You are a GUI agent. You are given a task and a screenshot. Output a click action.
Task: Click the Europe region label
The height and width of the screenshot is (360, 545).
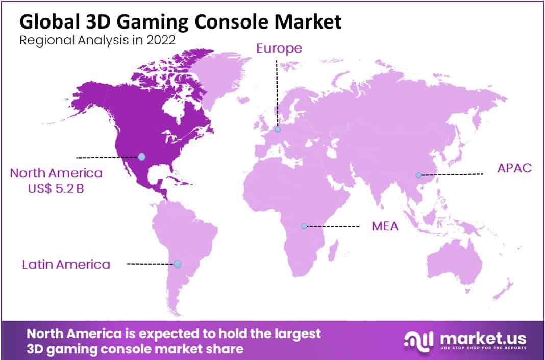(x=279, y=48)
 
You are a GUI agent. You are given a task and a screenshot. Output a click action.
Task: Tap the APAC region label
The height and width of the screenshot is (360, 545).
(x=514, y=168)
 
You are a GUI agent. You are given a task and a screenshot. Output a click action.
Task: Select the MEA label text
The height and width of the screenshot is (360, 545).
(x=385, y=226)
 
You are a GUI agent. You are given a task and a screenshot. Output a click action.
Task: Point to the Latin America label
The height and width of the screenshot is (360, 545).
(x=66, y=264)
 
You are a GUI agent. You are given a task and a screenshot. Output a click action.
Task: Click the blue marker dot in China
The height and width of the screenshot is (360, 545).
(x=418, y=175)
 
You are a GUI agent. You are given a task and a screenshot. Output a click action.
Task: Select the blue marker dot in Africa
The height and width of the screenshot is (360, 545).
(x=304, y=226)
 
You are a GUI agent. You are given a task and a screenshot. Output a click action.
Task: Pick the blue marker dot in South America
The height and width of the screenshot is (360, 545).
(x=177, y=264)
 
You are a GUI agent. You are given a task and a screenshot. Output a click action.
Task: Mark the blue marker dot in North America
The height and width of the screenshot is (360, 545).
(x=142, y=157)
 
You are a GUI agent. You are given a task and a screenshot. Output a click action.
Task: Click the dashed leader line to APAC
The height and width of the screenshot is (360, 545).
(x=452, y=174)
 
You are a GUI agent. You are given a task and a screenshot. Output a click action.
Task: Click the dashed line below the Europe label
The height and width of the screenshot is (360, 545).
(x=277, y=92)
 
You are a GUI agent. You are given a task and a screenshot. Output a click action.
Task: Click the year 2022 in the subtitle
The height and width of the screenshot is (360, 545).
(x=162, y=41)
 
